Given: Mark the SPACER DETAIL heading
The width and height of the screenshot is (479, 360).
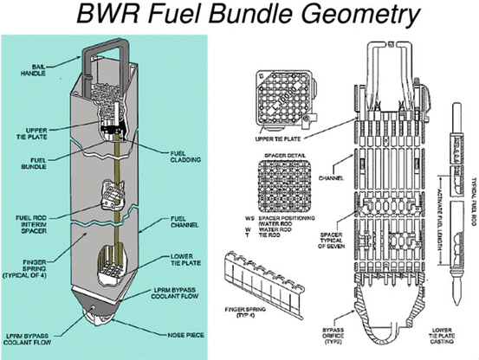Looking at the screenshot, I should click(x=280, y=158).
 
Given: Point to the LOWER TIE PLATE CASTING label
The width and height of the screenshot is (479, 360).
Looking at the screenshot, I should click(x=447, y=337).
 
